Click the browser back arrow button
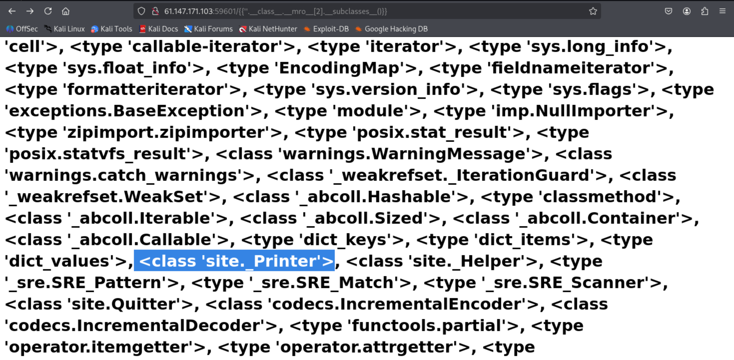[12, 11]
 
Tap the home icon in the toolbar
[66, 11]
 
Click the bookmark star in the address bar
[593, 11]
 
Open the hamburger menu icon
[722, 11]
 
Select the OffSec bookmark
[22, 29]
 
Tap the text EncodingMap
[339, 68]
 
